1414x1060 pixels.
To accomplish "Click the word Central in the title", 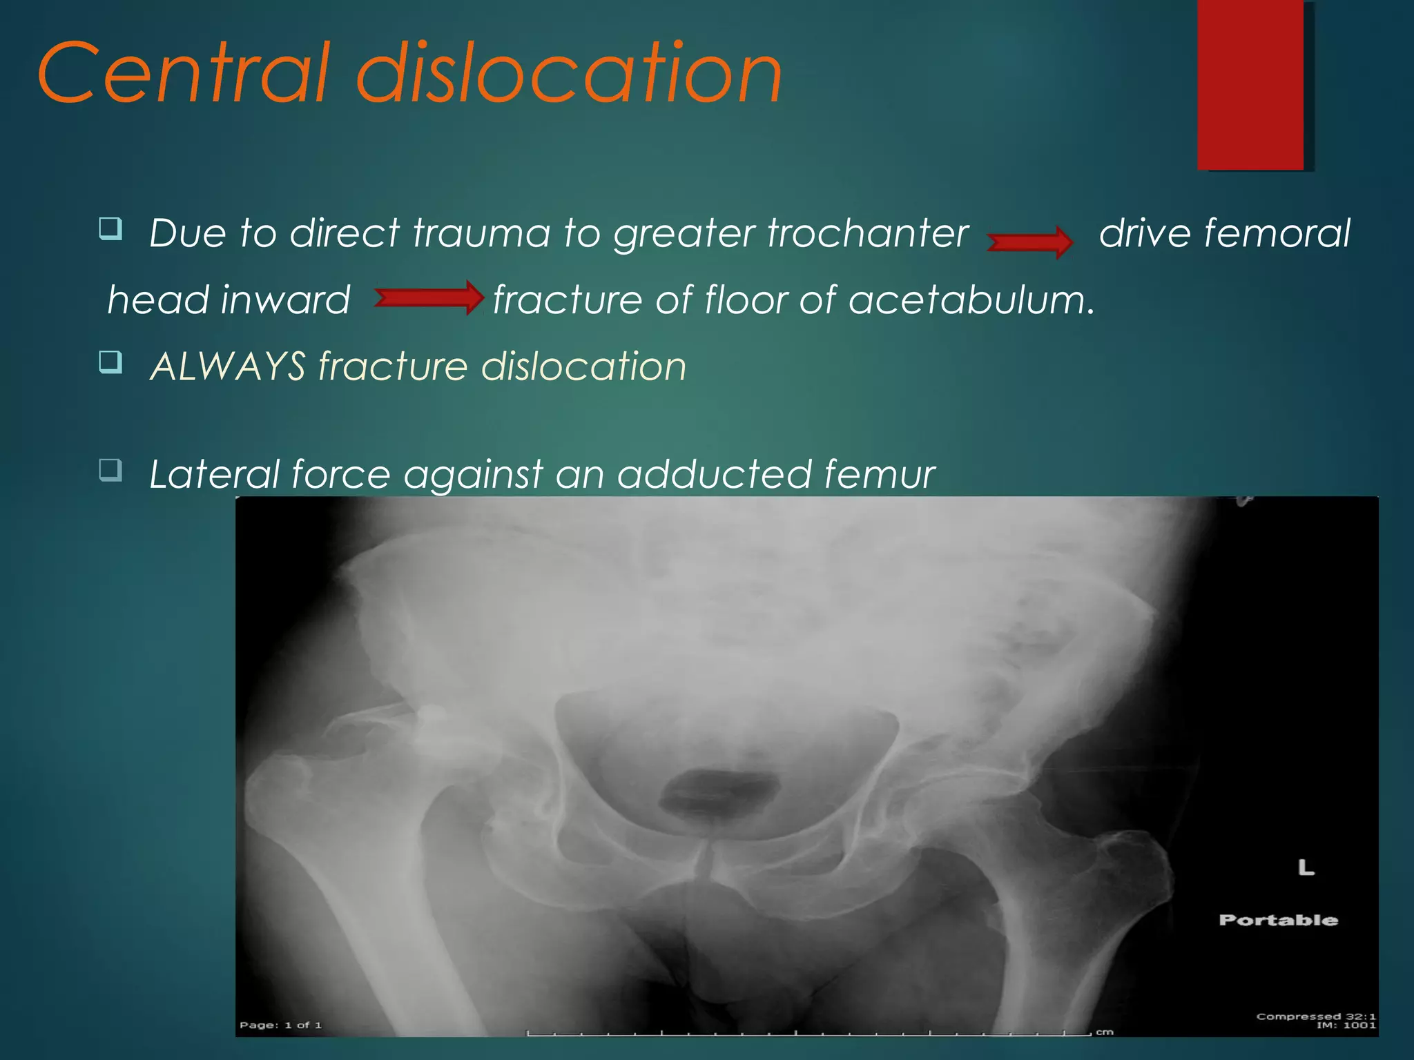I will coord(182,73).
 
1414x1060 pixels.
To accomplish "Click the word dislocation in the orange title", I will coord(569,73).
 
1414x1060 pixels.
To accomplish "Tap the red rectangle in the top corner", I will coord(1250,84).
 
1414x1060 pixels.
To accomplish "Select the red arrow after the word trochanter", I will coord(1029,242).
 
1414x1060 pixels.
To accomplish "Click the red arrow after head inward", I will coord(429,297).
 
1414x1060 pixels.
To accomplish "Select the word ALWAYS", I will coord(228,366).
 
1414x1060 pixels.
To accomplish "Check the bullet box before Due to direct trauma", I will coord(110,228).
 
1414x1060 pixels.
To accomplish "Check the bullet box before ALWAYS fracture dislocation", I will coord(110,361).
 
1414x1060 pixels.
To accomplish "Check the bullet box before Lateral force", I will coord(110,470).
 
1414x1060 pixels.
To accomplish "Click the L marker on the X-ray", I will coord(1306,867).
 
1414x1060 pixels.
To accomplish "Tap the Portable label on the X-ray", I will coord(1278,920).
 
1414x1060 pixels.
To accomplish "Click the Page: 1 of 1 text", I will coord(280,1025).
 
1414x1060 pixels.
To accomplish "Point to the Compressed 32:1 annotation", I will coord(1315,1017).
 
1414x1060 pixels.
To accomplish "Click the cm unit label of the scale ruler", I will coord(1105,1032).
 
